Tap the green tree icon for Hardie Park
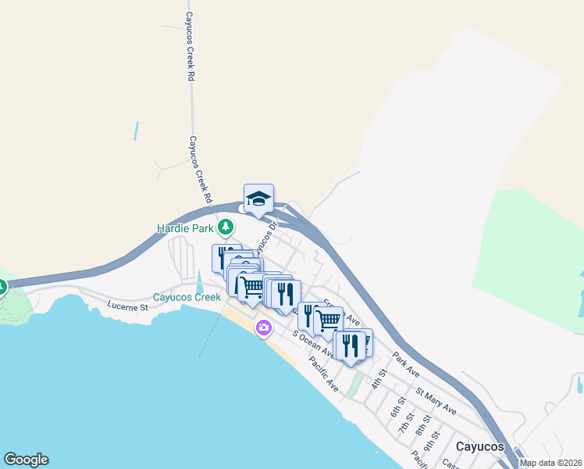pyautogui.click(x=226, y=227)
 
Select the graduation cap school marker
pyautogui.click(x=258, y=199)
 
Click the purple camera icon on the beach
pyautogui.click(x=263, y=328)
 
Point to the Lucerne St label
pyautogui.click(x=128, y=307)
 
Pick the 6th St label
pyautogui.click(x=397, y=411)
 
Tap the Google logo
pyautogui.click(x=26, y=460)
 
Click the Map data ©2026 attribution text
pyautogui.click(x=550, y=463)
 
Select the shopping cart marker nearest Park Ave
pyautogui.click(x=329, y=319)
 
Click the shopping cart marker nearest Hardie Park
pyautogui.click(x=251, y=286)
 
